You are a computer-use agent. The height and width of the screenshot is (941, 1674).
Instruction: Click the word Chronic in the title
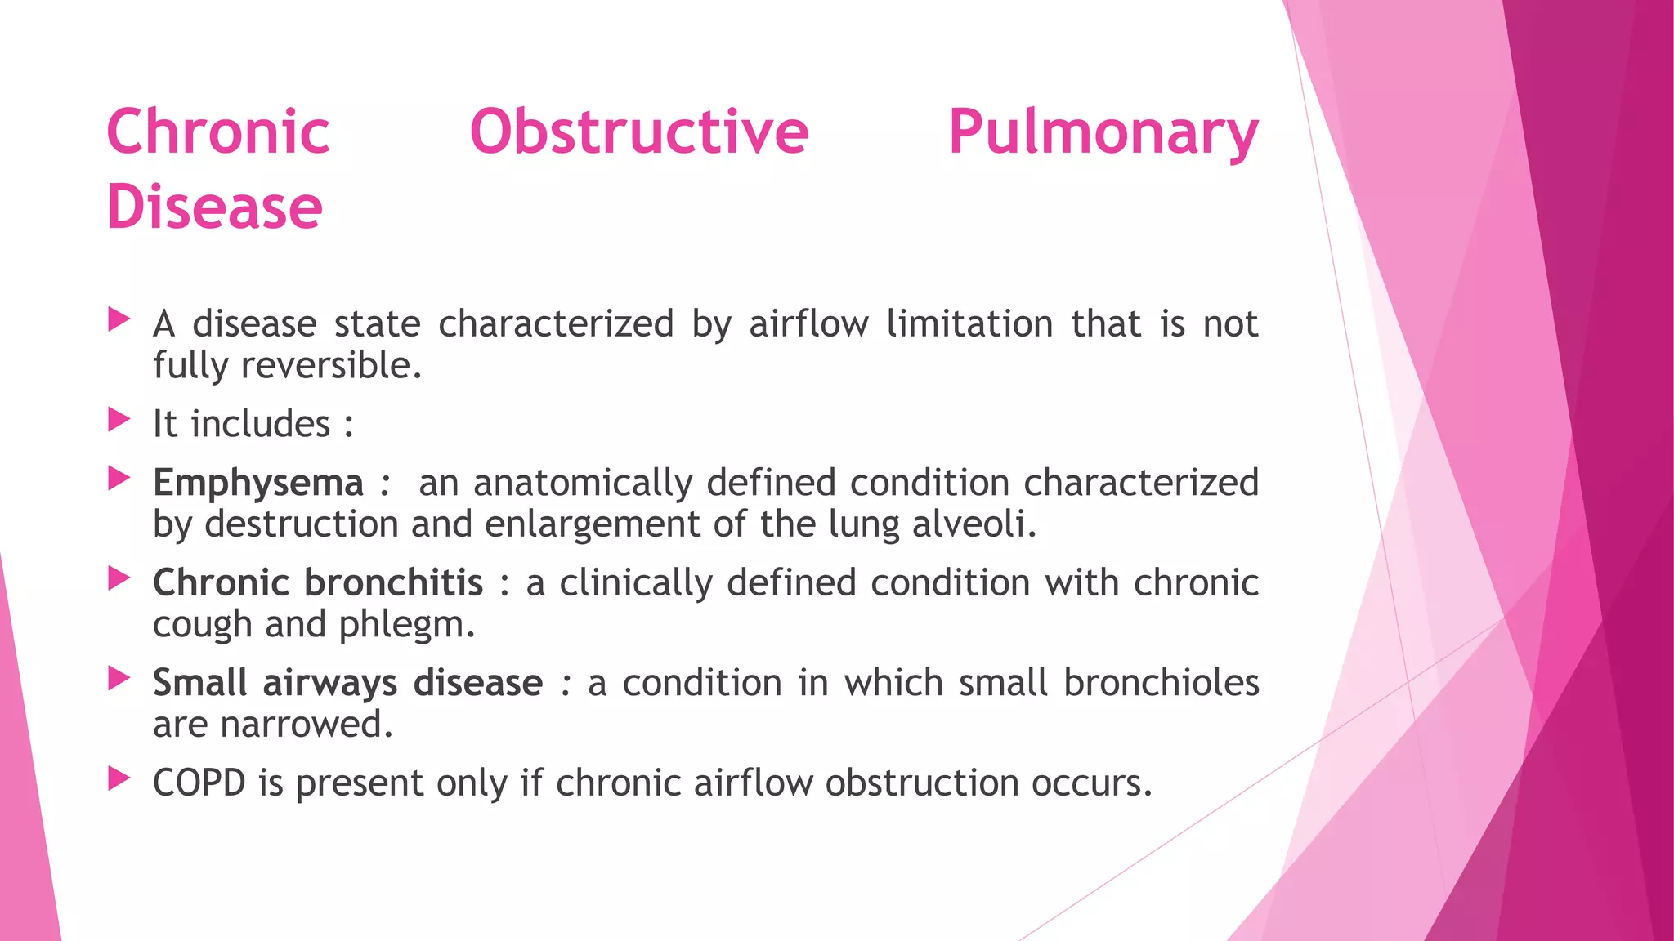tap(218, 132)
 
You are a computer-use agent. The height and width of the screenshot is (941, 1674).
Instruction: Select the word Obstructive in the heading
tap(638, 132)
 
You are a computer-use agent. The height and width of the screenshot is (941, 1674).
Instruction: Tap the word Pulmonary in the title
tap(1103, 132)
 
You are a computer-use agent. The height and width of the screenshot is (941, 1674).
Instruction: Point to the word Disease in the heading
tap(215, 207)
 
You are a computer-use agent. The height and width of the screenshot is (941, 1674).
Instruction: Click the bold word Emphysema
tap(258, 483)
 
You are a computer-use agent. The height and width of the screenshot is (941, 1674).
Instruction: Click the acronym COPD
tap(199, 783)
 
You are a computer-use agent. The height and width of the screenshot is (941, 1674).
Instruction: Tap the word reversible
tap(331, 365)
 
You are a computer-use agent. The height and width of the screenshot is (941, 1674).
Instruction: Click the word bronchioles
tap(1161, 683)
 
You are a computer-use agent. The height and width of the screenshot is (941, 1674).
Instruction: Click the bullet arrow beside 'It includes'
tap(119, 421)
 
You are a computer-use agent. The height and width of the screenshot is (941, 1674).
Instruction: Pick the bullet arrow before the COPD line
tap(119, 779)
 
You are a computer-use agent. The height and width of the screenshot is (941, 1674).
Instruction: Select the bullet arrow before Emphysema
tap(119, 479)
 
